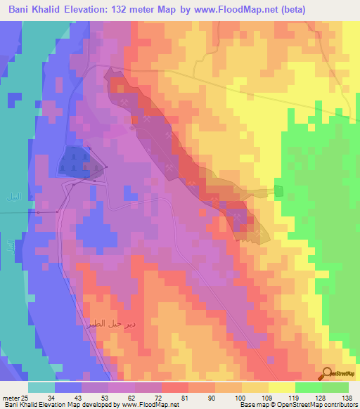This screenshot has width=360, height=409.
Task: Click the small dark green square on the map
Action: point(278,191)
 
